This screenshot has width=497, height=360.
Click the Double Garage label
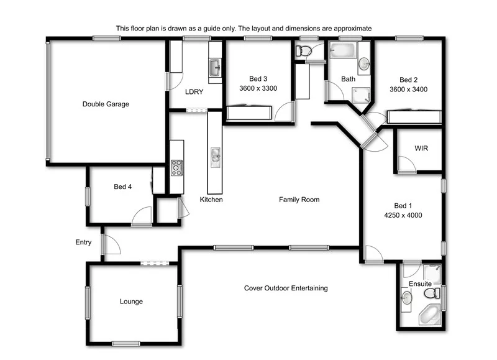coord(106,104)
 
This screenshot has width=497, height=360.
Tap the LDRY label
coord(194,92)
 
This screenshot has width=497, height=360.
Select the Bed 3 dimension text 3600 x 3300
coord(258,89)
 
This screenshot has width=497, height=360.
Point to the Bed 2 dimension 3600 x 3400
coord(408,90)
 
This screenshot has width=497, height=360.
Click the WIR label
coord(421,149)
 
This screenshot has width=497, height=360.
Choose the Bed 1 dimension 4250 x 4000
coord(403,216)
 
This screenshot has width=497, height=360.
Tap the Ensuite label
coord(420,284)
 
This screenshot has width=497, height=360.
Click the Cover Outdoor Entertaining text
coord(285,288)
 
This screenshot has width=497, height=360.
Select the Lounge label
coord(131,302)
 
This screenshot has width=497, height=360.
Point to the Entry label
coord(83,242)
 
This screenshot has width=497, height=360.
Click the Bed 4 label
coord(122,187)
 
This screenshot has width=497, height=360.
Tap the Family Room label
coord(299,200)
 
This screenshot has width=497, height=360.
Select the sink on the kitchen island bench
coord(215,155)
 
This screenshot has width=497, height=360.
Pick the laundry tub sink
coord(215,67)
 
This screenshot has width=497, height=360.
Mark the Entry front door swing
coord(111,244)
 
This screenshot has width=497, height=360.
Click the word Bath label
coord(348,80)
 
